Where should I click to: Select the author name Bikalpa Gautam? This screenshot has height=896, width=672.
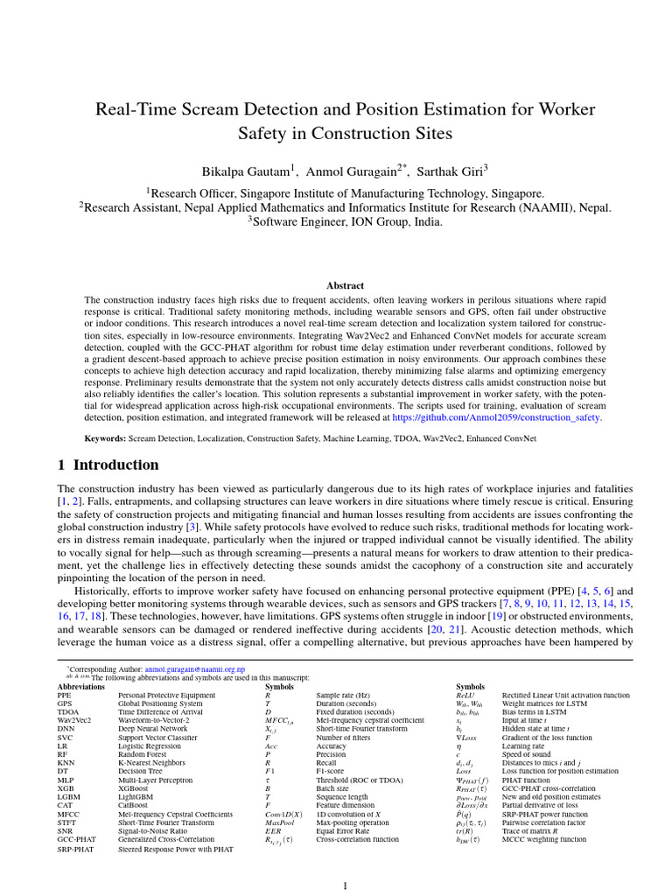(246, 169)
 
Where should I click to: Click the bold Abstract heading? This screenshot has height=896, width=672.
(345, 285)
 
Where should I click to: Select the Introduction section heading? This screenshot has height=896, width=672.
(115, 465)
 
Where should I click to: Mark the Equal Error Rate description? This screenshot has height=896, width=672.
(342, 830)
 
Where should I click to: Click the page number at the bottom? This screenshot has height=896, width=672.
(345, 885)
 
